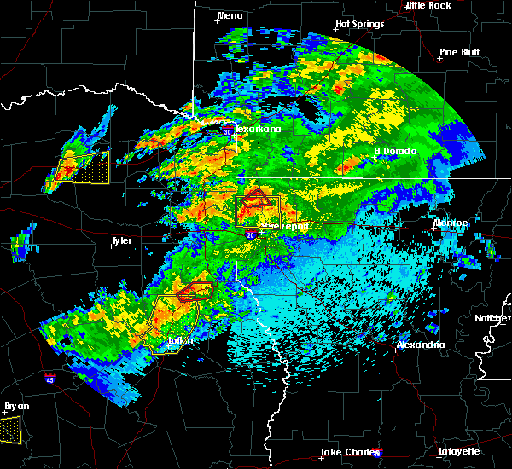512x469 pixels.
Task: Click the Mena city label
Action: click(230, 16)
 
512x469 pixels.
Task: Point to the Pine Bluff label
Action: click(460, 52)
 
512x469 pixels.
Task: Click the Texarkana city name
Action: click(259, 130)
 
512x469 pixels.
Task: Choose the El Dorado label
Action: click(395, 152)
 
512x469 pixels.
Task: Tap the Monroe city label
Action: click(450, 223)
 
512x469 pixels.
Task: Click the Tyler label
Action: click(122, 241)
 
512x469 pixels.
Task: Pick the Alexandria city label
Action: click(421, 345)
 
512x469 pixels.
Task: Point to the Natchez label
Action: click(493, 318)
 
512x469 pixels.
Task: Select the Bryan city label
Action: click(15, 406)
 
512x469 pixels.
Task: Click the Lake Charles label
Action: click(348, 452)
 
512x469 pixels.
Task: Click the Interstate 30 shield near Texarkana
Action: click(228, 131)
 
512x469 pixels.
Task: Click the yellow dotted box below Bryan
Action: click(9, 429)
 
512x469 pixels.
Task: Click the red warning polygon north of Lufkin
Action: click(195, 292)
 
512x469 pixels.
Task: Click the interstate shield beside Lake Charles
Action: click(378, 454)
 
